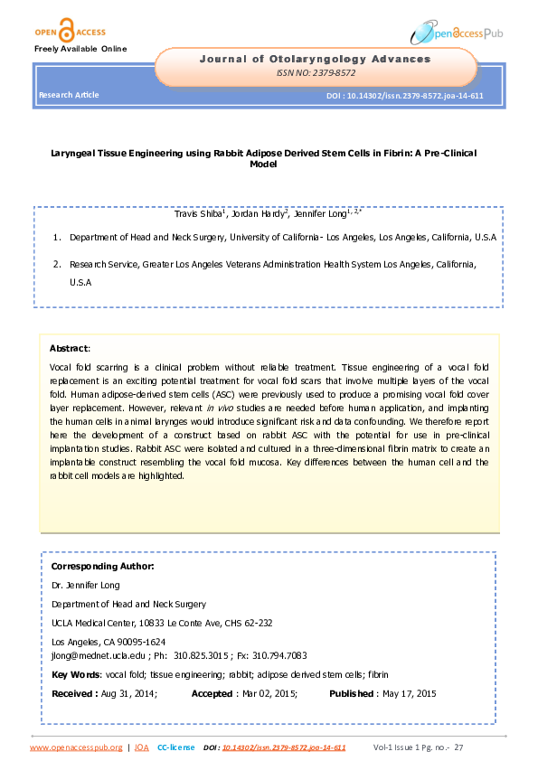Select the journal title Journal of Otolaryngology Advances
(x=315, y=59)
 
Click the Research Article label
(x=69, y=95)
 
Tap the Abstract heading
(x=69, y=348)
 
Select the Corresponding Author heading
(x=102, y=566)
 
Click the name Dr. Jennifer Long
(x=85, y=586)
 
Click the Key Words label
(x=76, y=675)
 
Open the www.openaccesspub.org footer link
(x=76, y=747)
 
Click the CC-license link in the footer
(x=175, y=747)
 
